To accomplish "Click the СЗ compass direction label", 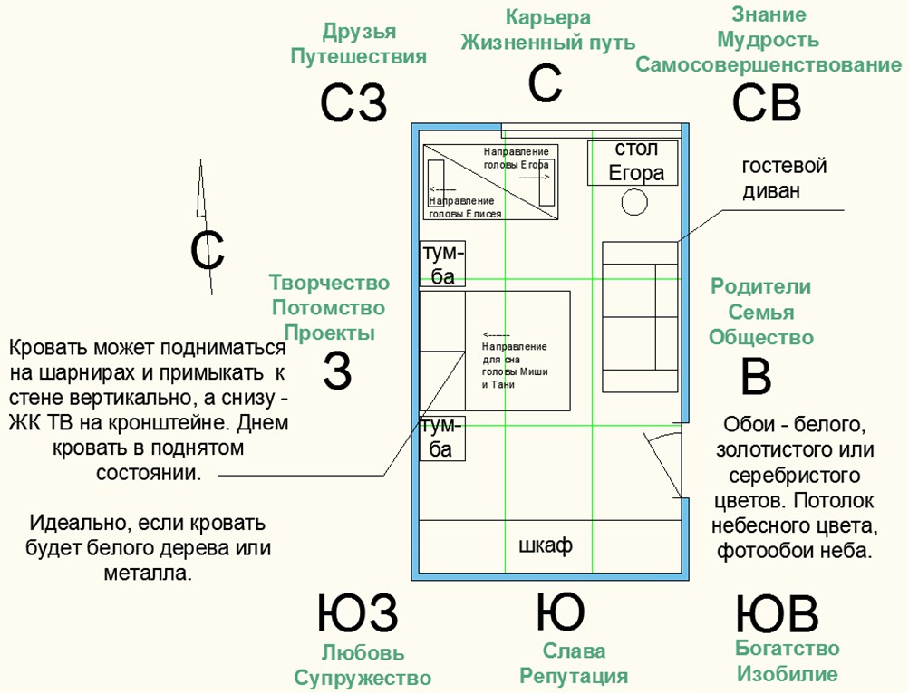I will (353, 102).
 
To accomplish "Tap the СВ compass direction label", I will (767, 102).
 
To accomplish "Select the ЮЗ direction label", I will (357, 614).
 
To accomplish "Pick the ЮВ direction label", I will (777, 614).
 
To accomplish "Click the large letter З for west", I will (337, 371).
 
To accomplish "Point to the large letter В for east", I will (756, 376).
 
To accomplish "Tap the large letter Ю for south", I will (560, 613).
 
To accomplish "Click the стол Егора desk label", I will (635, 161).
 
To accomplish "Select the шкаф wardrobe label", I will (545, 545).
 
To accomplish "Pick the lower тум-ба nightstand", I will (441, 438).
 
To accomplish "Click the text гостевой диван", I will (784, 178).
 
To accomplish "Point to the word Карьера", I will (547, 17).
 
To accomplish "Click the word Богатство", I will (787, 649).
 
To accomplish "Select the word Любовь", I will (363, 652).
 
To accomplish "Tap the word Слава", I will (575, 651).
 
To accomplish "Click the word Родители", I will (760, 286).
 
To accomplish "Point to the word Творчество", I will (329, 284).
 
